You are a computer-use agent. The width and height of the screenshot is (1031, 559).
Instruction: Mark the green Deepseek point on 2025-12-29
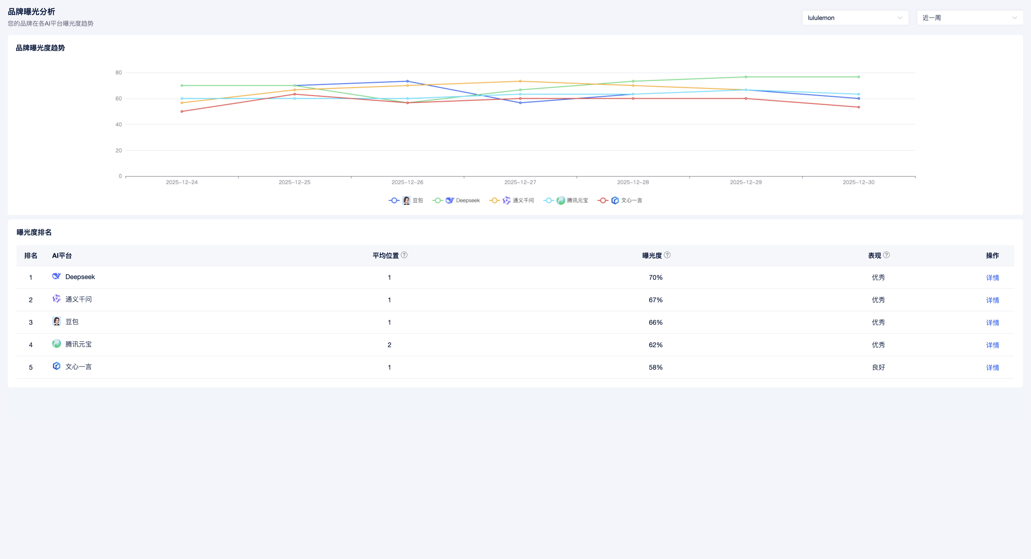coord(746,77)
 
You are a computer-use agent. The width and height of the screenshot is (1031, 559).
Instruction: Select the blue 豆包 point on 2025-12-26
coord(407,81)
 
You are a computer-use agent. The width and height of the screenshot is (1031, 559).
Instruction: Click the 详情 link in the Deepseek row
coord(992,278)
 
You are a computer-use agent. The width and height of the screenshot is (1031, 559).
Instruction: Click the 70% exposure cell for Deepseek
coord(655,278)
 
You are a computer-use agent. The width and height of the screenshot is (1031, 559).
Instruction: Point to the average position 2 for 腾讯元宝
coord(389,345)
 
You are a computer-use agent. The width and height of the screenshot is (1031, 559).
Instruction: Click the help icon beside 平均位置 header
coord(404,255)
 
